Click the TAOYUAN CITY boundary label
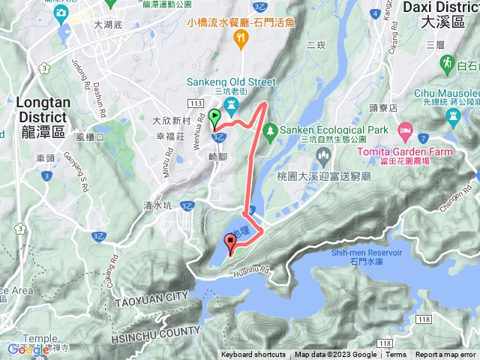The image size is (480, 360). tap(151, 298)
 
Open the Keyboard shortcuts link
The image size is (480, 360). tap(253, 355)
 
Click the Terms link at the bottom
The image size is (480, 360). tap(396, 355)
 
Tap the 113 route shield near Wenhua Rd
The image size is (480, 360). tap(197, 102)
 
